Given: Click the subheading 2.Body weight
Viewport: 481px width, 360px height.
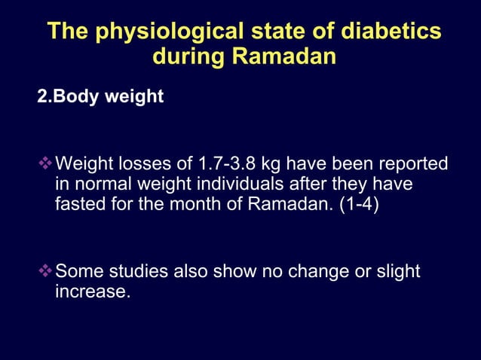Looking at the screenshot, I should click(x=101, y=97).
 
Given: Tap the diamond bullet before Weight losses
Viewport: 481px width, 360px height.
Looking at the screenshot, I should click(x=46, y=163).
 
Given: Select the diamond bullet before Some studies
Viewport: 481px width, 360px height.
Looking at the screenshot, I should click(x=46, y=270).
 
